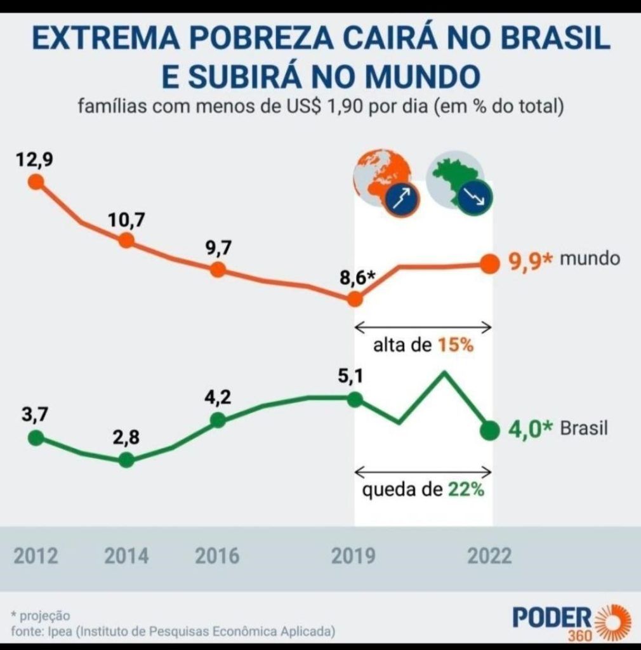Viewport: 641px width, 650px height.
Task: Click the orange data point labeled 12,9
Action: coord(36,182)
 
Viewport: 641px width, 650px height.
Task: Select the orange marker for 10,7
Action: coord(127,240)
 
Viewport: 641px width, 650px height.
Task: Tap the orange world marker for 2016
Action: coord(218,269)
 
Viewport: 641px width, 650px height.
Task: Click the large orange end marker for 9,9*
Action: coord(489,263)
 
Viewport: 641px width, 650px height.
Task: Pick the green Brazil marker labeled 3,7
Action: coord(36,437)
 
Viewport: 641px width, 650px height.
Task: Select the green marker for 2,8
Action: coord(127,460)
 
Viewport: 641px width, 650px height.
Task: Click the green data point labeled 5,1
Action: coord(355,399)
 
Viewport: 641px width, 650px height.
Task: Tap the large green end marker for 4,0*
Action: coord(489,430)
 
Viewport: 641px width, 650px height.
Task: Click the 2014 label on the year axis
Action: coord(127,557)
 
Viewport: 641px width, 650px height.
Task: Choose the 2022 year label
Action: coord(489,557)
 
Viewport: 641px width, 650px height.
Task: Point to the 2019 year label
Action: coord(354,557)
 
